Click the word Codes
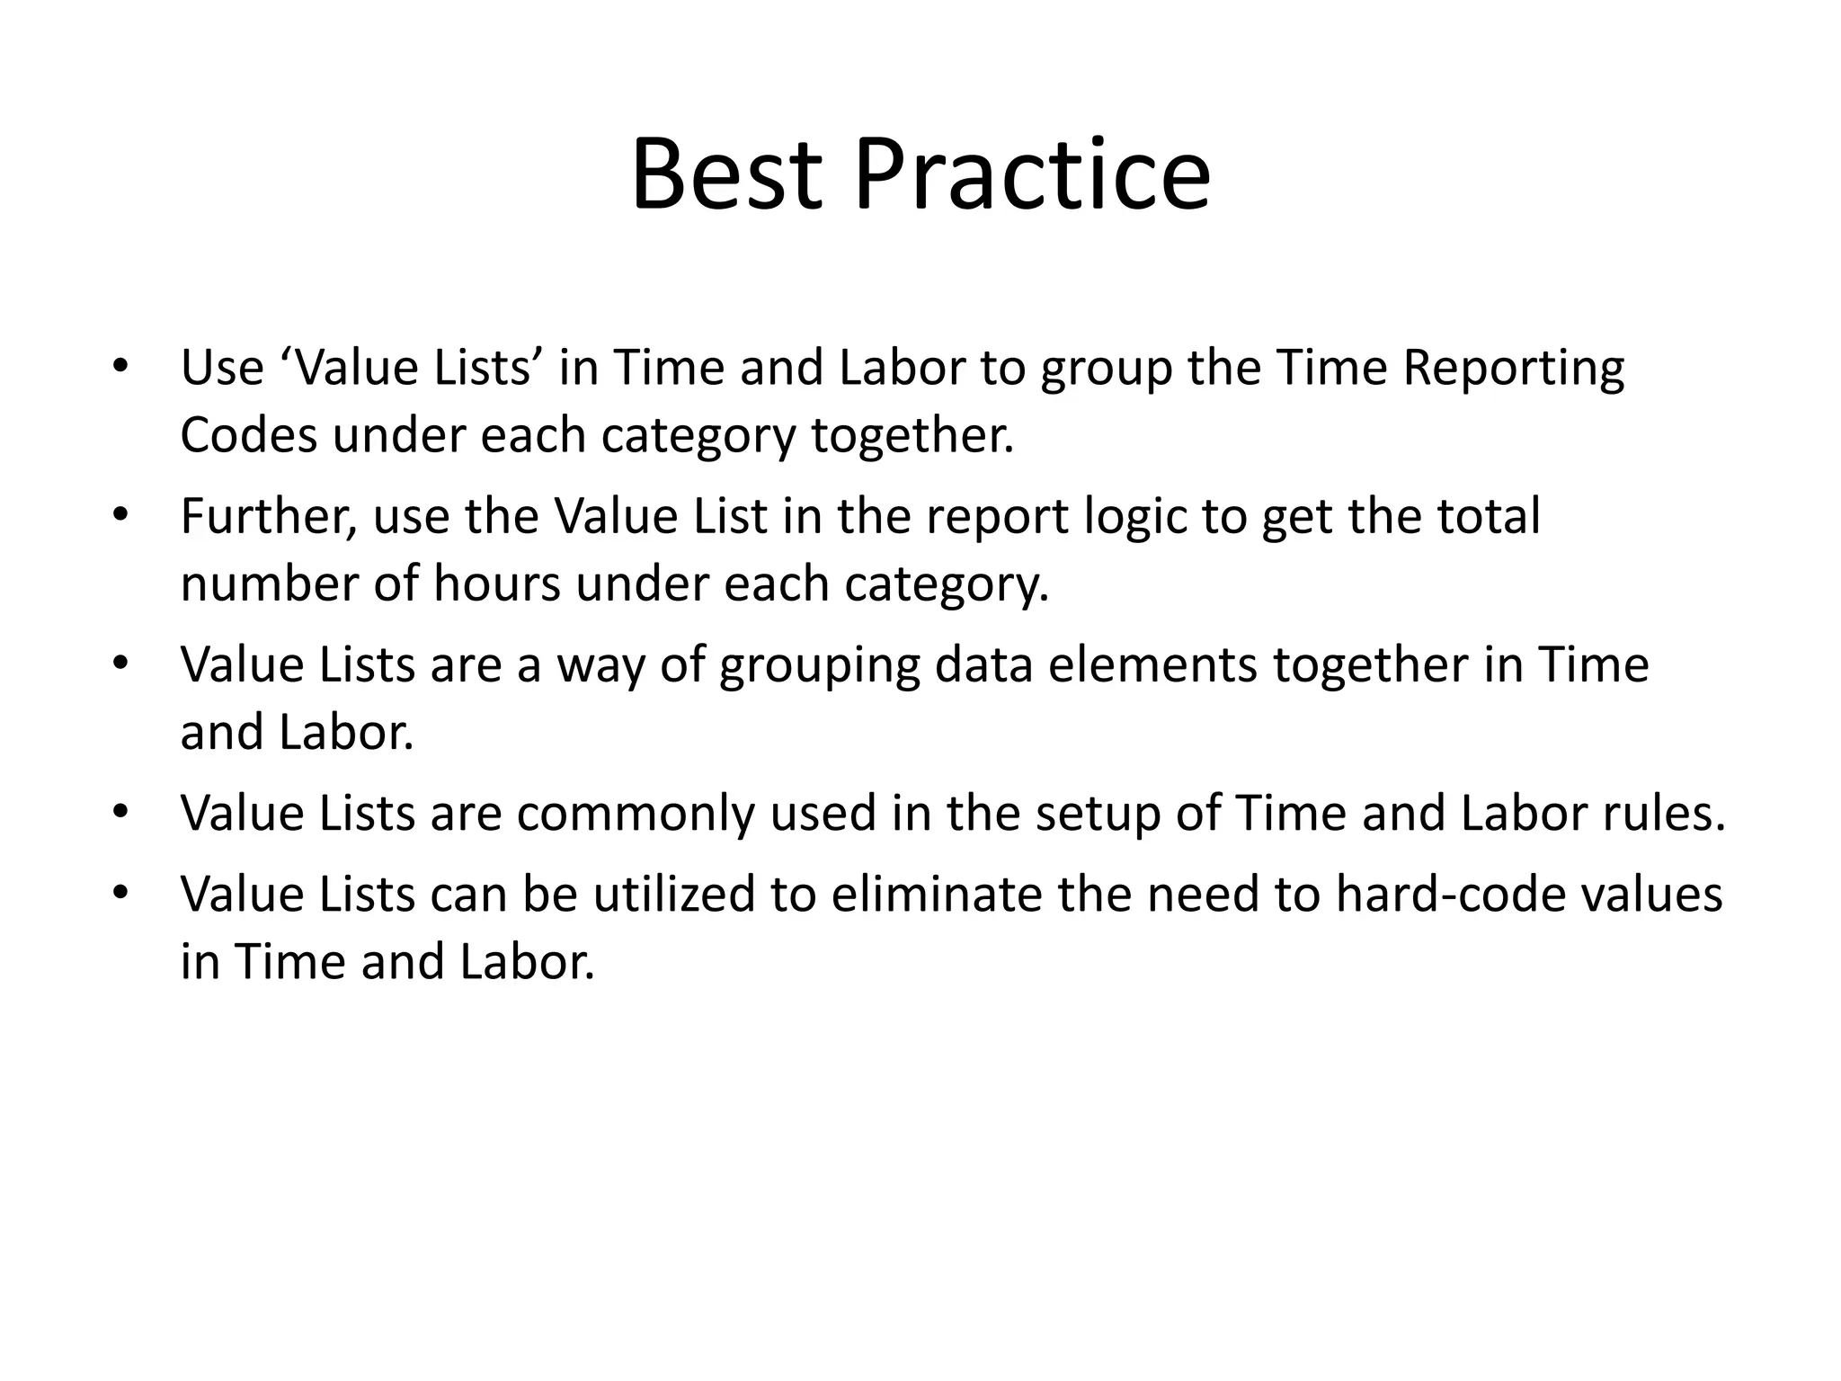(249, 435)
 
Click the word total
(1489, 517)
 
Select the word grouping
(820, 666)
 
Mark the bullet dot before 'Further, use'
(121, 516)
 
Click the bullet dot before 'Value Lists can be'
(121, 894)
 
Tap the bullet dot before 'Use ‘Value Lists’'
(121, 368)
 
